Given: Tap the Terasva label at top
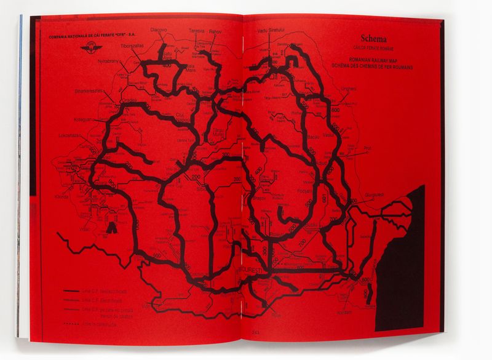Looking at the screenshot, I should [x=196, y=30].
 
